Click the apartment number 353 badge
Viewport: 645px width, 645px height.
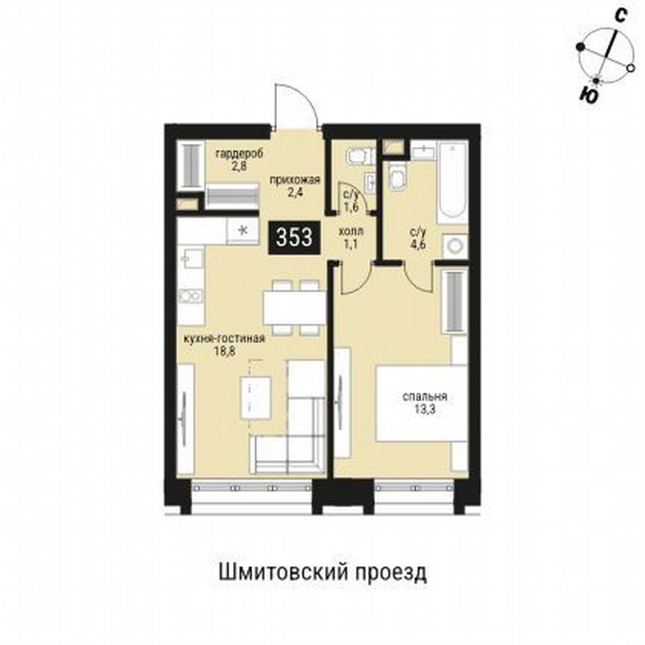point(295,237)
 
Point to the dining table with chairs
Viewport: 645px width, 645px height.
point(294,307)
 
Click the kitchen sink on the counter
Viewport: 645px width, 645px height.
point(191,258)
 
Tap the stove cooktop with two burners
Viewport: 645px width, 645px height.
point(191,296)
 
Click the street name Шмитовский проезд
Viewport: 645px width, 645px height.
point(322,573)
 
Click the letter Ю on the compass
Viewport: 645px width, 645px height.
point(588,94)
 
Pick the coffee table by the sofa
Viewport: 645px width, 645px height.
point(255,394)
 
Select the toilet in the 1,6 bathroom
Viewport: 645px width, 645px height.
point(357,155)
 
